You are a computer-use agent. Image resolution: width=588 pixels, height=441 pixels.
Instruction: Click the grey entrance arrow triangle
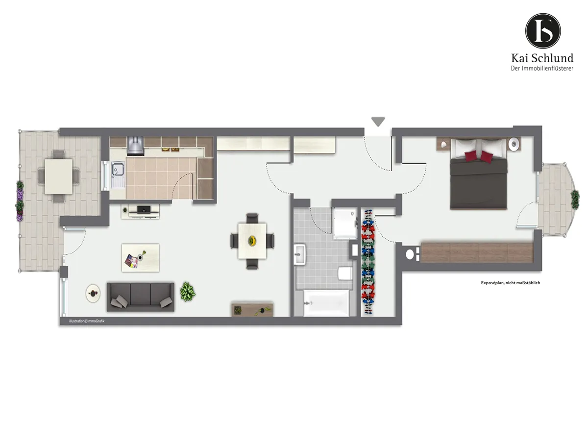[x=378, y=121]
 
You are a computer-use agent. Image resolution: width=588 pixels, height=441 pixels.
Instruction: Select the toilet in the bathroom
[x=344, y=273]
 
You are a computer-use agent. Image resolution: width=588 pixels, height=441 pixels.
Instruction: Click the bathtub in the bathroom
[x=326, y=303]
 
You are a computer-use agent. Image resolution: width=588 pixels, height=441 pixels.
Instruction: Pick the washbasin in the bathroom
[x=300, y=254]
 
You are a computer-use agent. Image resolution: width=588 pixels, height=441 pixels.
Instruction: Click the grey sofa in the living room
[x=140, y=296]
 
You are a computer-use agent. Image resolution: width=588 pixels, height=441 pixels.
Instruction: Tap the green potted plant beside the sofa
[x=188, y=292]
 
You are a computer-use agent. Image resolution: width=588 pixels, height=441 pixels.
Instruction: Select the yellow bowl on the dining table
[x=252, y=240]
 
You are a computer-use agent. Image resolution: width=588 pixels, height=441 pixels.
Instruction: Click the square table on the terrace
[x=58, y=176]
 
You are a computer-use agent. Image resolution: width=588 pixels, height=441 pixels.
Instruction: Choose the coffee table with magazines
[x=140, y=258]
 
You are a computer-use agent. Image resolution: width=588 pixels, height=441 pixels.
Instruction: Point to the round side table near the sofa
[x=93, y=294]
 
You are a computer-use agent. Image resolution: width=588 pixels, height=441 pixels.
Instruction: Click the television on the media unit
[x=144, y=209]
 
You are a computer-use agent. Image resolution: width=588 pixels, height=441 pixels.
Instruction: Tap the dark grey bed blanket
[x=478, y=183]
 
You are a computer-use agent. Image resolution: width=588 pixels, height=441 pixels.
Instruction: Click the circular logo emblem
[x=543, y=31]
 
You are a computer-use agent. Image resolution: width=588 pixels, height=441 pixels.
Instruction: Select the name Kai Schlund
[x=542, y=58]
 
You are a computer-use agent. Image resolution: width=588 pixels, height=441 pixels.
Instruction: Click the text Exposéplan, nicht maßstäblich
[x=510, y=283]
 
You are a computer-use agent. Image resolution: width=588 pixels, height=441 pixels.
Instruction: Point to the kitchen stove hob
[x=136, y=146]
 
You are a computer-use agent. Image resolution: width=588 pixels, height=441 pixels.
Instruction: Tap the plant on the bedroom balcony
[x=575, y=199]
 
